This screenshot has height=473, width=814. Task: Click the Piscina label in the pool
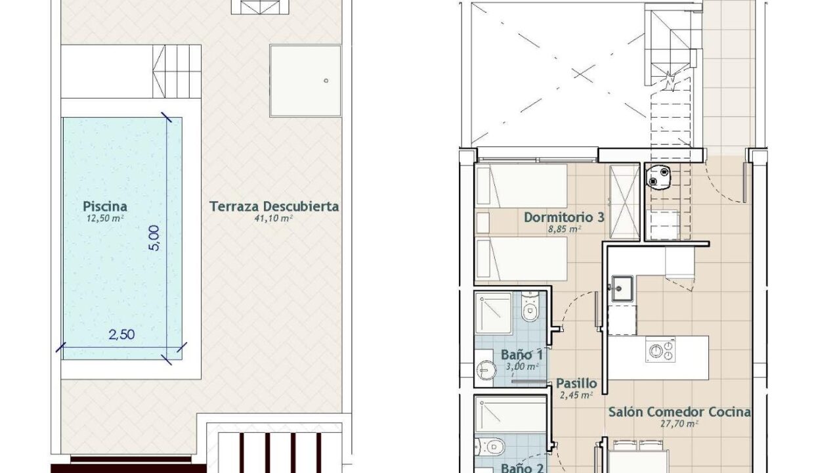[x=105, y=206]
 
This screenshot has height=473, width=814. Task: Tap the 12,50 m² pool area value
[x=105, y=219]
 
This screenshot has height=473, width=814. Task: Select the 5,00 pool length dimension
[x=154, y=238]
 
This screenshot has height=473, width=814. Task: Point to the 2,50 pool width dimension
[x=121, y=334]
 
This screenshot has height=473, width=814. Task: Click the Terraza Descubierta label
[x=274, y=206]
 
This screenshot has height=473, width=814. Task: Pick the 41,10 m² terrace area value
[x=274, y=219]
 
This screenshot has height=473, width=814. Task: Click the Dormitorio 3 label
[x=564, y=217]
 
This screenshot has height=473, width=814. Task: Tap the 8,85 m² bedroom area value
[x=565, y=229]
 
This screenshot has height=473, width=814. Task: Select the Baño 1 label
[x=522, y=355]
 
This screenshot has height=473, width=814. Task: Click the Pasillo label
[x=576, y=383]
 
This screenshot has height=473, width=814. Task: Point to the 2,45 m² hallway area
[x=576, y=395]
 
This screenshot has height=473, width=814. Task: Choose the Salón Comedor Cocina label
[x=679, y=412]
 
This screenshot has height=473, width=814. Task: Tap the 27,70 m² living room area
[x=679, y=424]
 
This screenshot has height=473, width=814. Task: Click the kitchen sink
[x=622, y=288]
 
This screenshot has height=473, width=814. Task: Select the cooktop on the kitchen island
[x=660, y=349]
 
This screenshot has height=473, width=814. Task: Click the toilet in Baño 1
[x=530, y=307]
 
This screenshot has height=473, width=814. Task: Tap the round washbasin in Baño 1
[x=486, y=371]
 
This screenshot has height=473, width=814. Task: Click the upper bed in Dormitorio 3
[x=521, y=186]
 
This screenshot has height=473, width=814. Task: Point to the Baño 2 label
[x=522, y=468]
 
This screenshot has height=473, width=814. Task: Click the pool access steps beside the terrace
[x=177, y=71]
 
